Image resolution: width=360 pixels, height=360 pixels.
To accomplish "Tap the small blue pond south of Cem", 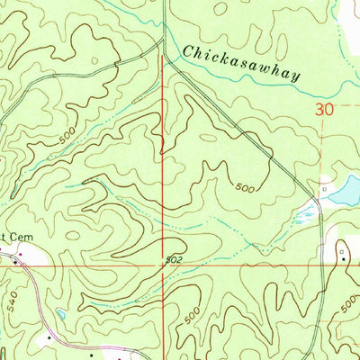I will point(59,315).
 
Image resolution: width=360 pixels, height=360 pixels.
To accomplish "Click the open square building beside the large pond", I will point(324,191).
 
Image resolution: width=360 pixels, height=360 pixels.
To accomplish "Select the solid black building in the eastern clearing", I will point(341,258).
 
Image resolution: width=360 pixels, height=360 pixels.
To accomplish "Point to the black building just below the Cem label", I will point(15,255).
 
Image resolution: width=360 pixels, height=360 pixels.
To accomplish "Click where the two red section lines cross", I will point(163,266).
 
